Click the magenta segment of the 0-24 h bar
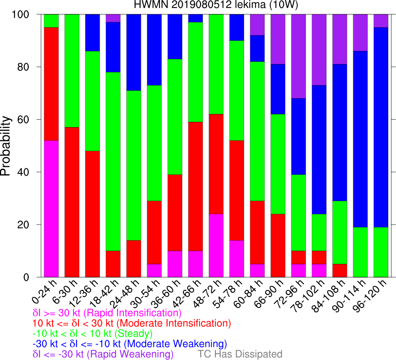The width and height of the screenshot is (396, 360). pos(51,208)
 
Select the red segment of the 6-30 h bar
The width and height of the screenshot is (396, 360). pos(72,202)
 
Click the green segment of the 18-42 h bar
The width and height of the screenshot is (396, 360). pos(113,162)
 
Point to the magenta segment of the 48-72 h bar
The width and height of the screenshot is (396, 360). pos(216,246)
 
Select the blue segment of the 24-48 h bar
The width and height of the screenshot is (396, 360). pos(133,52)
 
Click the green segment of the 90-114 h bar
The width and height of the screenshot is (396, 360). pos(360,252)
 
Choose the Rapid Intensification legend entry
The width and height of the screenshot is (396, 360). pos(107,313)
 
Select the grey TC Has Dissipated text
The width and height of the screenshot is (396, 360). pos(240,354)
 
